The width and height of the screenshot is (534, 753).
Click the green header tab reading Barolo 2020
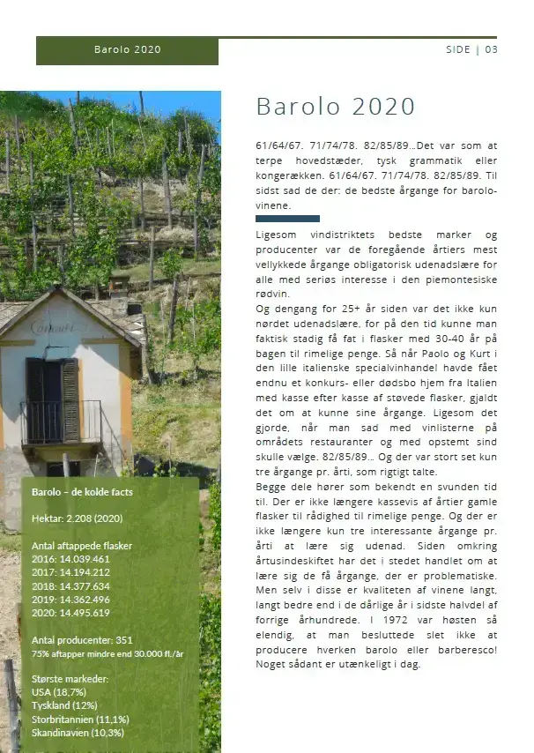(127, 50)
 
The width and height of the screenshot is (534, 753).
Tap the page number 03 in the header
(491, 49)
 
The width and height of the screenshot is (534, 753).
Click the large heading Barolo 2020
(335, 107)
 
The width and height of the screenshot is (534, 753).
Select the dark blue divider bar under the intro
(287, 218)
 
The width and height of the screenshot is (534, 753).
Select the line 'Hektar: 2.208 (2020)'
(77, 519)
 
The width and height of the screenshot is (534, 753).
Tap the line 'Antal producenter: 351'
(81, 640)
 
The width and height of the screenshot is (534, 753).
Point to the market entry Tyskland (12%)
(63, 706)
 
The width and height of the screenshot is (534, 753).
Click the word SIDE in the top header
(458, 49)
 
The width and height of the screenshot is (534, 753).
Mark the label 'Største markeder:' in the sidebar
(70, 680)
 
